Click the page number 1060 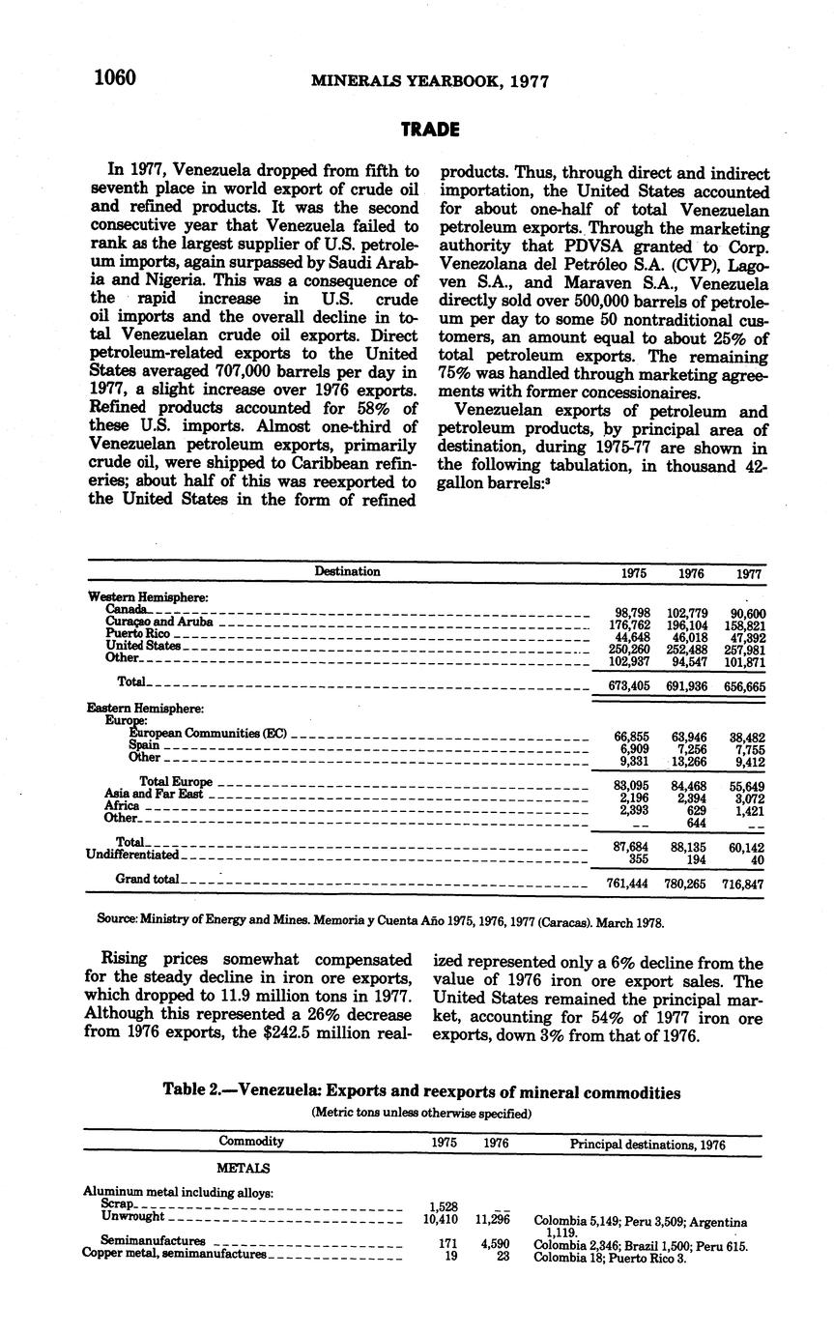(x=114, y=78)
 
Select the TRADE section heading (x=430, y=130)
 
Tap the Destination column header (x=347, y=571)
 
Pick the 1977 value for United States (x=743, y=650)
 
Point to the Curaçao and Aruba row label (x=158, y=622)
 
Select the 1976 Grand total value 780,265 (x=687, y=884)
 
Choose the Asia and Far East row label (x=154, y=794)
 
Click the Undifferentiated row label (x=132, y=855)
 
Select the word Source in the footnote (x=117, y=922)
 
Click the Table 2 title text (x=421, y=1092)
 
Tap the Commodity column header (x=251, y=1141)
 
